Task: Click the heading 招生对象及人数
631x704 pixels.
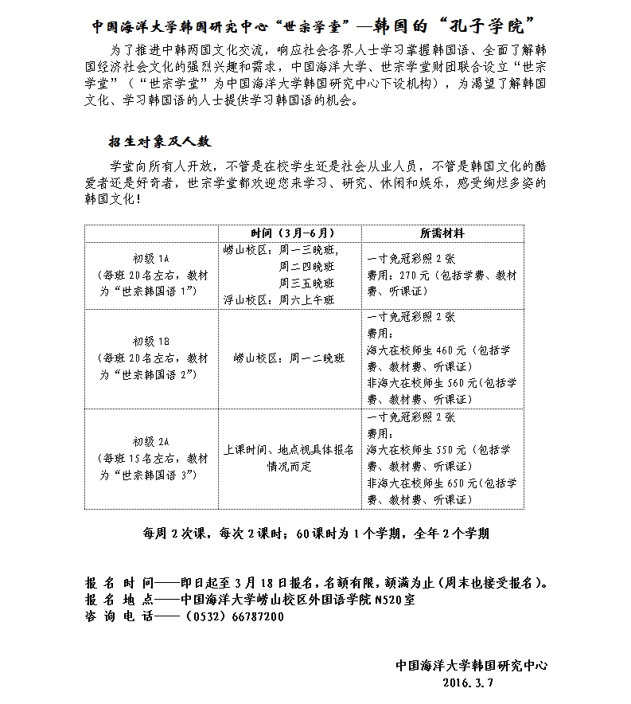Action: point(161,142)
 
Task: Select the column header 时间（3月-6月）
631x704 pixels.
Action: point(290,233)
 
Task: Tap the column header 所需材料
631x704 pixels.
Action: point(442,233)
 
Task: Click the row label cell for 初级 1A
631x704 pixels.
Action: point(151,276)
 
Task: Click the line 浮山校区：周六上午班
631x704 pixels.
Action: point(279,300)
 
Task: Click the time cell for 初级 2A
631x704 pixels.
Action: point(290,458)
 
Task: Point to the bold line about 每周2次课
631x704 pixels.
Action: point(315,534)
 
